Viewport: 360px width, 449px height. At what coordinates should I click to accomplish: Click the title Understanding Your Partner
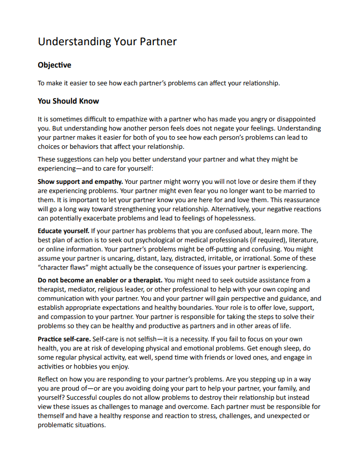tap(107, 41)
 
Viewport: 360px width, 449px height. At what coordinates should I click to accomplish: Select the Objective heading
tap(54, 65)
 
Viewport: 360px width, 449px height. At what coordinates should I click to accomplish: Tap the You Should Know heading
tap(68, 101)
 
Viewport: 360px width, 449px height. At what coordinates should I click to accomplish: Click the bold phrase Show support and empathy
tap(80, 181)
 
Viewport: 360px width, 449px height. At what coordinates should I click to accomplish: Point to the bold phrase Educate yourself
tap(63, 231)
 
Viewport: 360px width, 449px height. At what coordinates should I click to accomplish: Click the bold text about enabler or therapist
tap(100, 280)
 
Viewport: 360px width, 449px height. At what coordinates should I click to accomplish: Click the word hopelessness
tap(232, 218)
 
